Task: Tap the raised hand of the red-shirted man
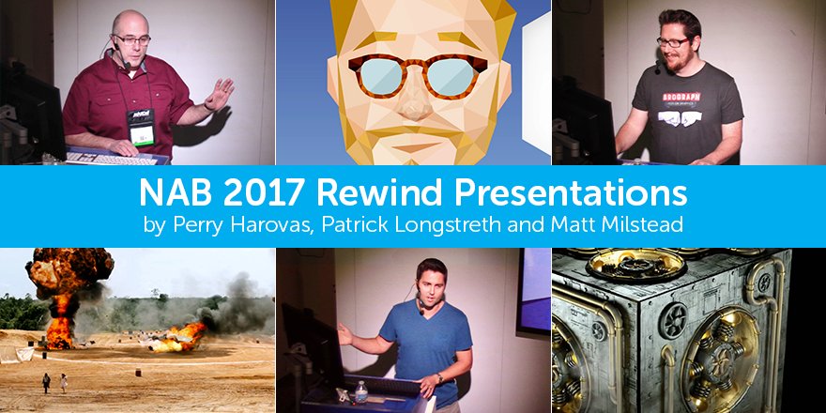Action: click(221, 94)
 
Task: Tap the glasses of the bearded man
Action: click(674, 42)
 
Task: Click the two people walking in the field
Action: click(54, 382)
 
